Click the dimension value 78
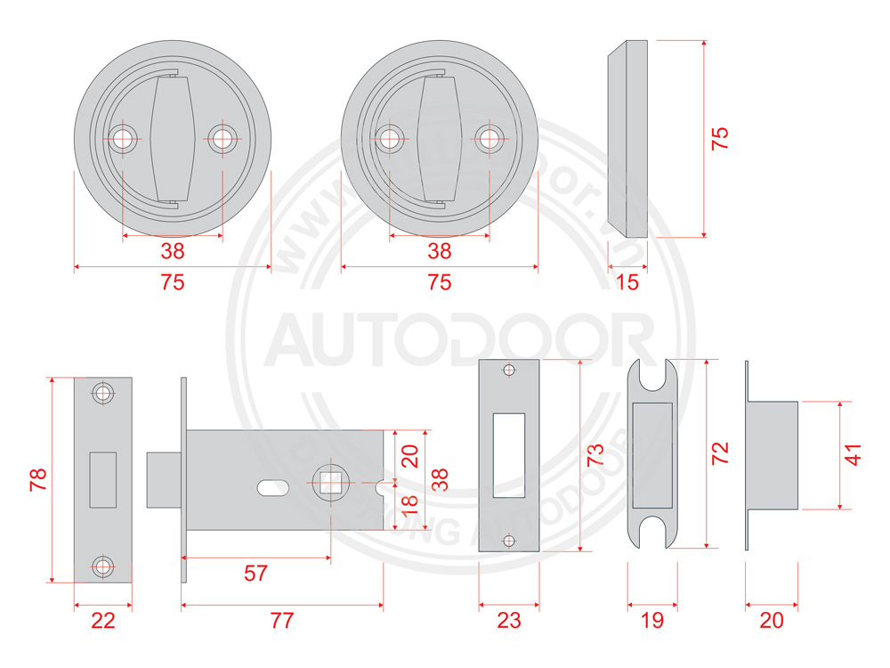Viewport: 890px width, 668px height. pyautogui.click(x=36, y=481)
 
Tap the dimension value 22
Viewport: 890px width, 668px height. pyautogui.click(x=103, y=621)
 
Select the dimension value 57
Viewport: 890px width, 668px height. pyautogui.click(x=255, y=573)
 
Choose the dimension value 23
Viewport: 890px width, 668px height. pyautogui.click(x=508, y=621)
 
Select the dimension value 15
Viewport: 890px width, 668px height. pyautogui.click(x=627, y=282)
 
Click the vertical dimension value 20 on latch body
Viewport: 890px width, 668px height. pyautogui.click(x=409, y=456)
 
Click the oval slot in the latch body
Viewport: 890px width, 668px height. pyautogui.click(x=271, y=487)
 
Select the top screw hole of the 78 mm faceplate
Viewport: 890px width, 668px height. pyautogui.click(x=104, y=393)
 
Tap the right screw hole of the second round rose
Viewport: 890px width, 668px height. pyautogui.click(x=488, y=138)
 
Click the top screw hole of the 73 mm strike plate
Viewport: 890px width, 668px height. pyautogui.click(x=508, y=371)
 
